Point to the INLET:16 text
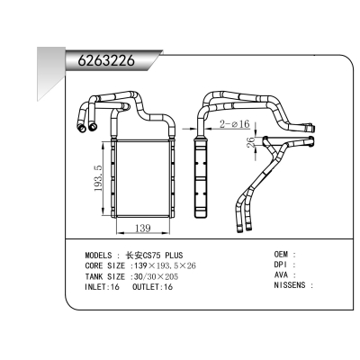point(102,288)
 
